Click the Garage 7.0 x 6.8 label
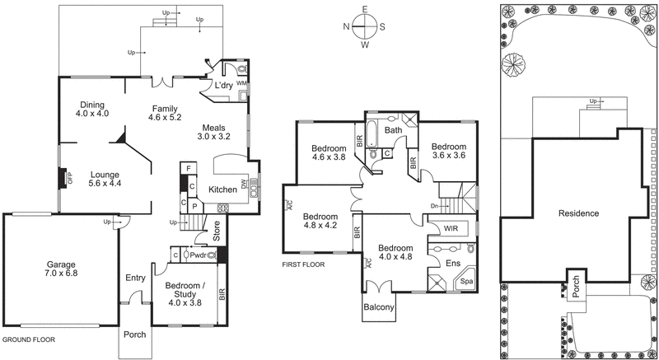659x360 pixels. coord(61,270)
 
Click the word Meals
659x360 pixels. coord(218,128)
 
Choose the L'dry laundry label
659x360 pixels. coord(223,86)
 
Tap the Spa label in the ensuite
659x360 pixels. coord(466,282)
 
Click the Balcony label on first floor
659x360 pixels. coord(379,308)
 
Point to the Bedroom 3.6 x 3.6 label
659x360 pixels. coord(449,147)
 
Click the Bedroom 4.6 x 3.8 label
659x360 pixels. coord(328,154)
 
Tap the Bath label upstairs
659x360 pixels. coord(393,130)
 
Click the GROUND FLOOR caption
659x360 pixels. coord(29,339)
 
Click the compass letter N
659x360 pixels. coord(348,26)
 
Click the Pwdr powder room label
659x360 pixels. coord(198,256)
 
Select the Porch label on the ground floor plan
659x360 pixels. coord(134,335)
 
